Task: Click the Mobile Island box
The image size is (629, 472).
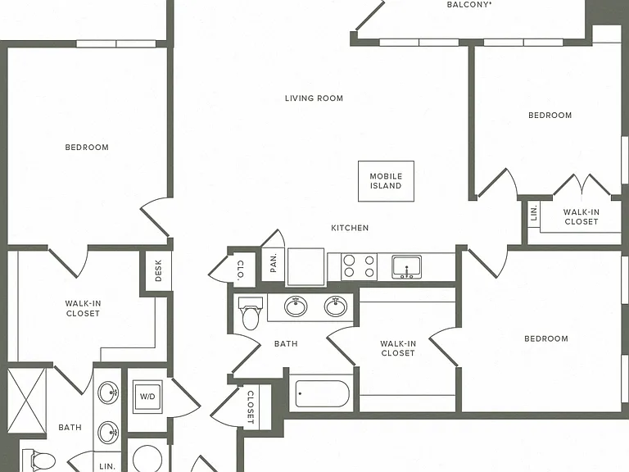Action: point(386,181)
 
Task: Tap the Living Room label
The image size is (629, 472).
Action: point(314,98)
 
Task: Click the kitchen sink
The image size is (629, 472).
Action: point(406,267)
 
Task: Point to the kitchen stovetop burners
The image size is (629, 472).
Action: point(359,266)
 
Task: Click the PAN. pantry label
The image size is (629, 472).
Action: point(274,263)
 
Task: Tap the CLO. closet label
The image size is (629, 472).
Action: point(241,270)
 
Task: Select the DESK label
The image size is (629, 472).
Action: point(158,270)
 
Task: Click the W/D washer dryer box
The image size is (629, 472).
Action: point(147,397)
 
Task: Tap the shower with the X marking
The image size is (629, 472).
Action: point(27,401)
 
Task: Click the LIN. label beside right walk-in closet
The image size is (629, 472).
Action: point(533,213)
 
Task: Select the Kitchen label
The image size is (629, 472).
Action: point(350,228)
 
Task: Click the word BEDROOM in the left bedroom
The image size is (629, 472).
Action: point(87,147)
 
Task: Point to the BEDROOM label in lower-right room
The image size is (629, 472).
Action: point(546,338)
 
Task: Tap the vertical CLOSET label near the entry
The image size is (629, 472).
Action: point(251,407)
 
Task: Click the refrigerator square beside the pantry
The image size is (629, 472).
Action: point(305,267)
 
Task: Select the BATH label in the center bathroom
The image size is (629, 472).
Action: point(286,343)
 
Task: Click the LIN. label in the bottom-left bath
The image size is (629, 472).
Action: point(107,466)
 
